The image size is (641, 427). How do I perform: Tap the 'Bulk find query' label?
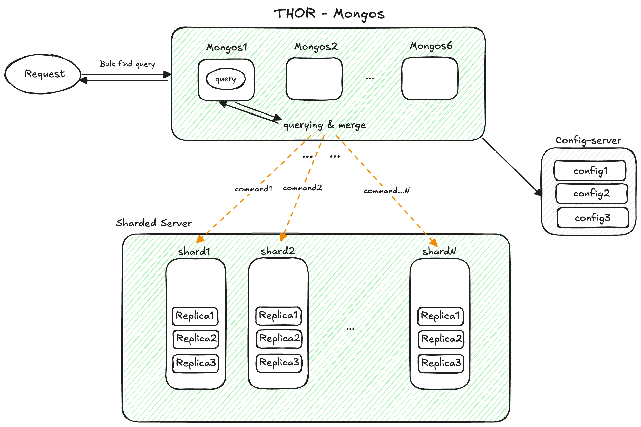tap(127, 64)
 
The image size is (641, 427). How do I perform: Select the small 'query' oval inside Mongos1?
tap(226, 79)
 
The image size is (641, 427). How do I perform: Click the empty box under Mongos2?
tap(314, 79)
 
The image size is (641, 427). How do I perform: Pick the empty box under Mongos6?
tap(430, 78)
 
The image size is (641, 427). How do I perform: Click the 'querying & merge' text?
tap(324, 125)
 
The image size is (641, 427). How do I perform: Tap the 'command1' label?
tap(253, 189)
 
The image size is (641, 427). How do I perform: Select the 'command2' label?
tap(302, 188)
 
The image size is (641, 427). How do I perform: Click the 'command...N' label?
tap(386, 191)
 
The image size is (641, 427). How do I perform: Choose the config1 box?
tap(590, 171)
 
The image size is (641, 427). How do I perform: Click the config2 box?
tap(591, 194)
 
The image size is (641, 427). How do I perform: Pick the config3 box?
tap(593, 217)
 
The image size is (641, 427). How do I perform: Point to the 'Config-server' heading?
tap(588, 140)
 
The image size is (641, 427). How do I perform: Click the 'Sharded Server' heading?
tap(154, 223)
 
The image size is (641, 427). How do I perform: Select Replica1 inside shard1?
tap(195, 316)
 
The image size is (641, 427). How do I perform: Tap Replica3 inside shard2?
tap(279, 363)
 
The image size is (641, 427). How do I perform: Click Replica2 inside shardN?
tap(441, 339)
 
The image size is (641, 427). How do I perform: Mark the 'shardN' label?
tap(439, 251)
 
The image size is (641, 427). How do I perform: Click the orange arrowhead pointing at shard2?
tap(283, 237)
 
